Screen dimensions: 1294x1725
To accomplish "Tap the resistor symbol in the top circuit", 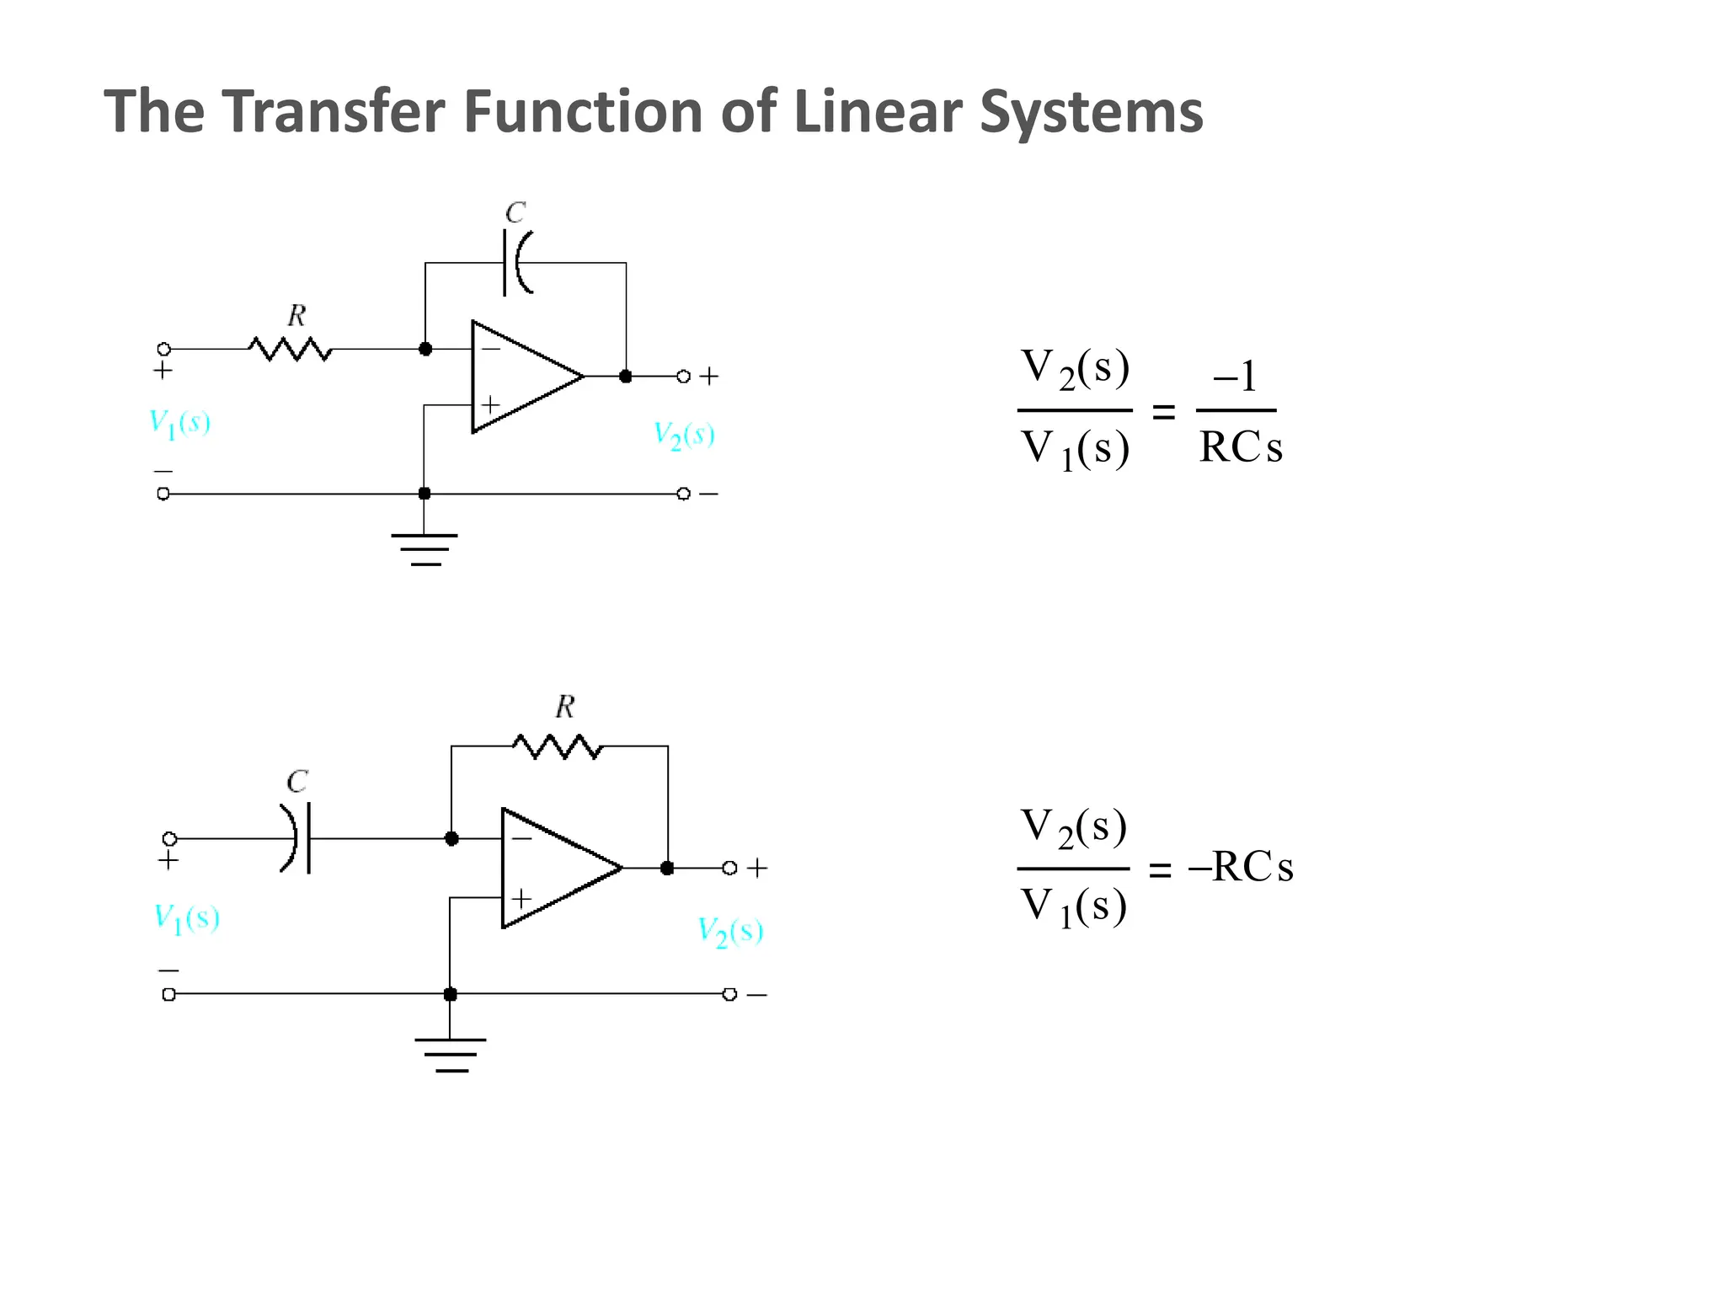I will coord(290,349).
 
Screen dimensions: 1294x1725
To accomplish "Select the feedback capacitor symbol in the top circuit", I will coord(516,263).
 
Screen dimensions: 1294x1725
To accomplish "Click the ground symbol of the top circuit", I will coord(425,549).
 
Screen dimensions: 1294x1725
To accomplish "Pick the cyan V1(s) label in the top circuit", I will coord(179,423).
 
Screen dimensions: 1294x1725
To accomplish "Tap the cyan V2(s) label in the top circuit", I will coord(684,436).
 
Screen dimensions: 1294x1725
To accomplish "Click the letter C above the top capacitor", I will coord(515,212).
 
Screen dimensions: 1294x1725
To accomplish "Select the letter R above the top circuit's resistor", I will coord(296,316).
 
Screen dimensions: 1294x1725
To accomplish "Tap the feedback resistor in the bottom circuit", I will coord(558,746).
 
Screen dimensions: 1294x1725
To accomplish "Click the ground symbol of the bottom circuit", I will coord(451,1055).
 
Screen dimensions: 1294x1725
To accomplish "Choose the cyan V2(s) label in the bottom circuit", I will coord(730,932).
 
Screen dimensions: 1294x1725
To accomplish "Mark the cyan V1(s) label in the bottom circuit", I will coord(186,917).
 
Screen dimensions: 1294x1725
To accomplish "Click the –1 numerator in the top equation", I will coord(1235,377).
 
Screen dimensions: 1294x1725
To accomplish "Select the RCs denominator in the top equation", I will coord(1241,447).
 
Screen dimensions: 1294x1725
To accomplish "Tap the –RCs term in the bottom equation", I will coord(1241,867).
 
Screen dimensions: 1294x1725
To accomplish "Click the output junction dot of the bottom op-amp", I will coord(667,868).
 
